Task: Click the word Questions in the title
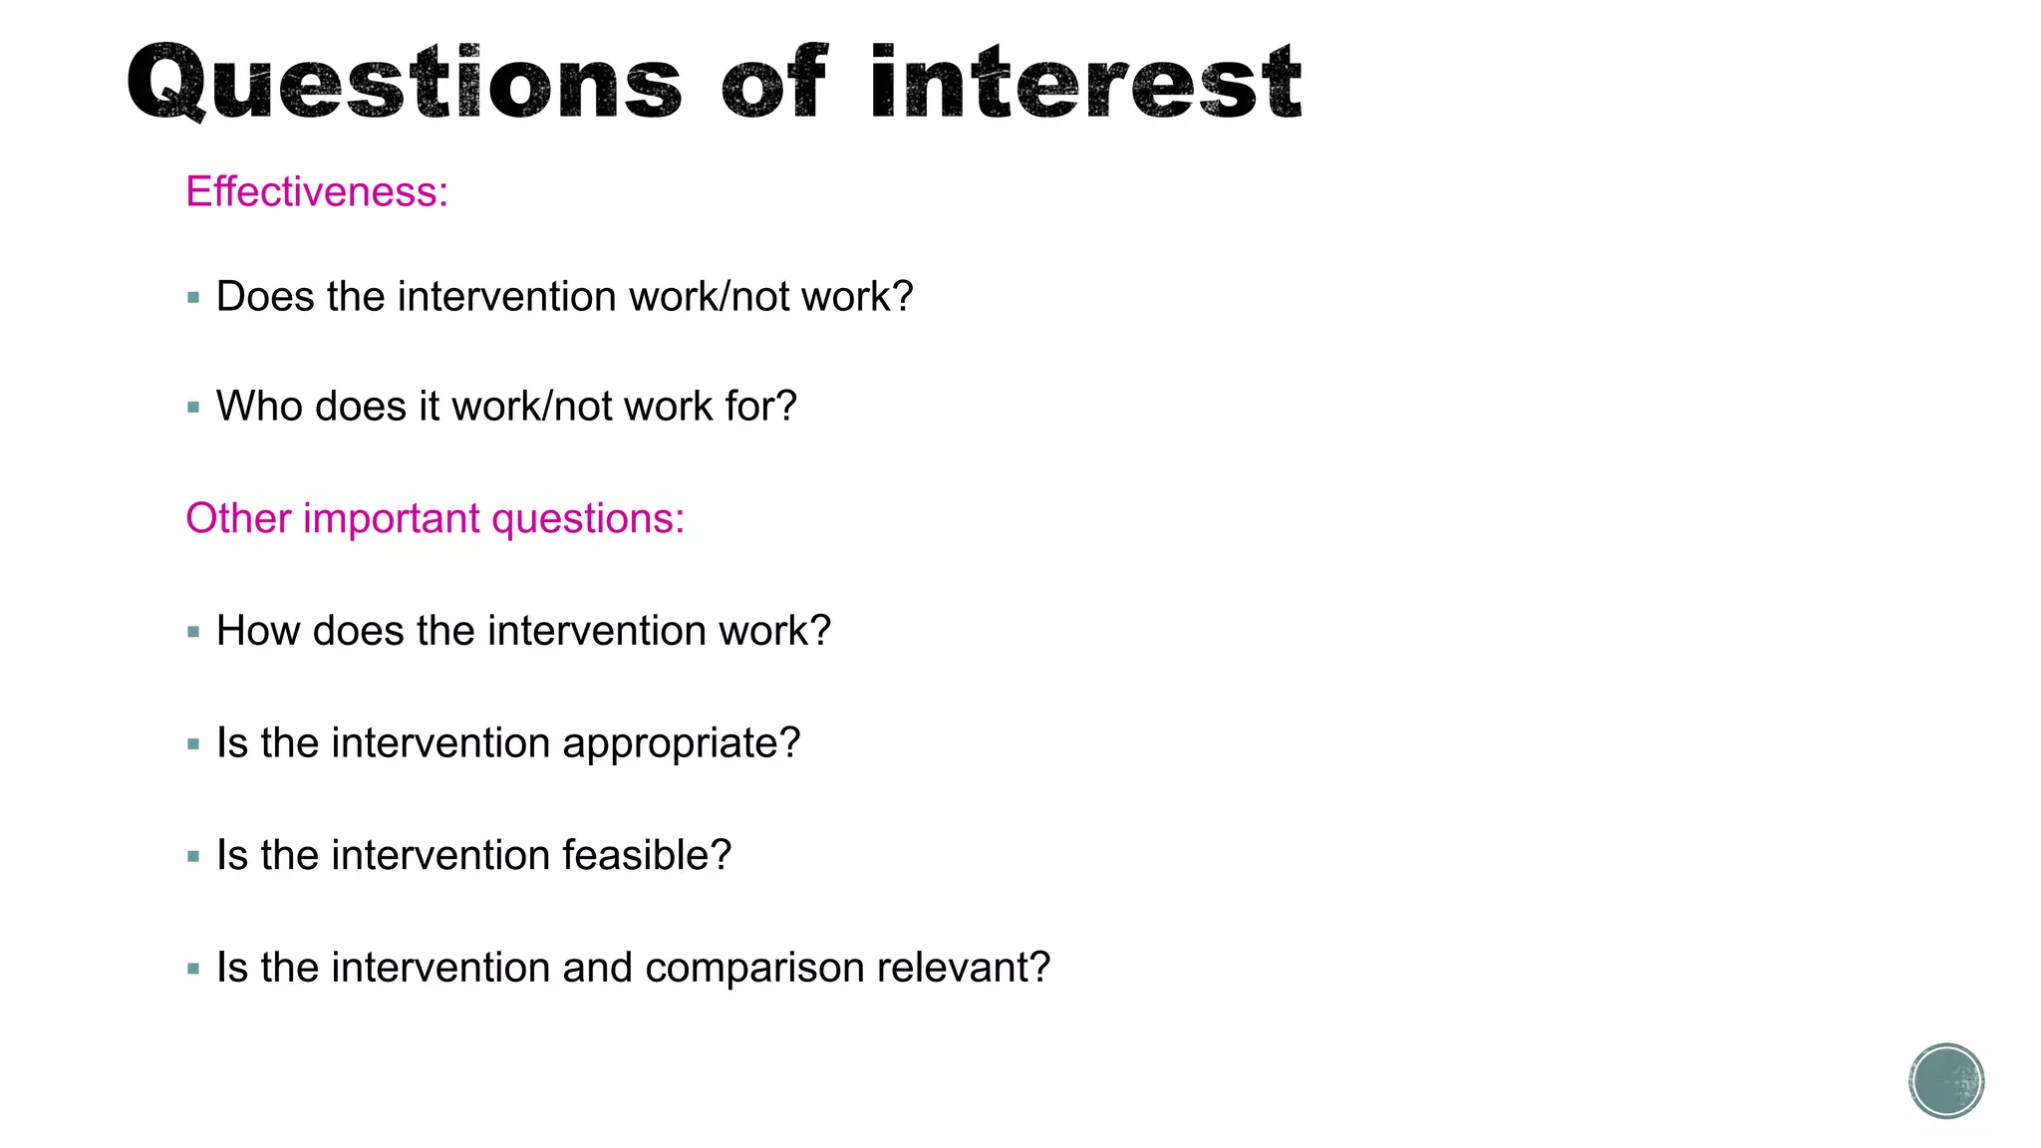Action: coord(404,84)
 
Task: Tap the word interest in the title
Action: coord(1084,84)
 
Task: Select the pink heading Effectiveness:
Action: coord(317,191)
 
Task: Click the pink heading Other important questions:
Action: coord(435,518)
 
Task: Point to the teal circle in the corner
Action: coord(1946,1081)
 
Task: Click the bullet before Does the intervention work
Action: coord(193,297)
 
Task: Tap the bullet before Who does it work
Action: coord(193,407)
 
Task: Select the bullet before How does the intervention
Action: coord(193,632)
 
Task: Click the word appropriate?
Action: coord(681,743)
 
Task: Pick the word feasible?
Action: coord(646,855)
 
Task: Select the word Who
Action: coord(258,407)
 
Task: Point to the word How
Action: coord(258,632)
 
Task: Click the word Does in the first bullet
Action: coord(264,297)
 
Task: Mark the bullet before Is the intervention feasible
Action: coord(193,856)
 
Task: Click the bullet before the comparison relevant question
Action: coord(193,969)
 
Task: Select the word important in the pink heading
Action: coord(391,519)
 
